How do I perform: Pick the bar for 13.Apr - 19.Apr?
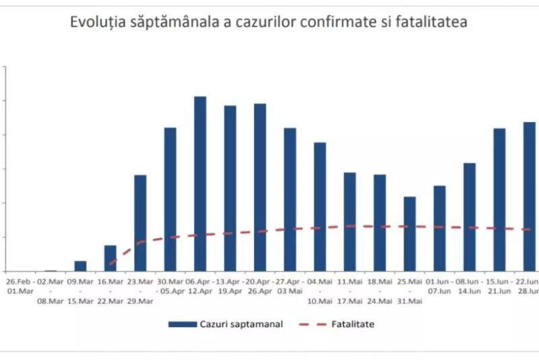[x=230, y=188]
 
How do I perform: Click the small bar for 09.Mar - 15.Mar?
[x=80, y=266]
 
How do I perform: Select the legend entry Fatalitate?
[x=352, y=324]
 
